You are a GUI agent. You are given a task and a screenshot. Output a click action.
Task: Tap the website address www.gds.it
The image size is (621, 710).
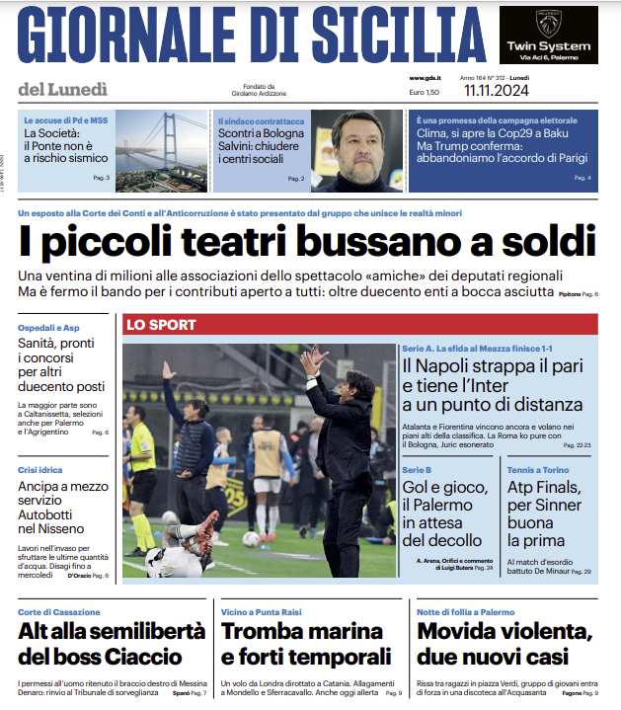(425, 78)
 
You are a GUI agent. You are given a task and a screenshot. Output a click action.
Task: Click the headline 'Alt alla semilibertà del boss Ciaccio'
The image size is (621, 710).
(100, 644)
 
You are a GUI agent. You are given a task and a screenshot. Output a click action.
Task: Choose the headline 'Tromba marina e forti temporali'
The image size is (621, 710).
(306, 644)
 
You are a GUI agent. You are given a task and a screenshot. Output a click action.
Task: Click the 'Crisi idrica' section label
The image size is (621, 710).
(40, 470)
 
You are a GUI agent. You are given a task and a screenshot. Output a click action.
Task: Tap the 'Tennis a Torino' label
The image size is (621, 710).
(540, 470)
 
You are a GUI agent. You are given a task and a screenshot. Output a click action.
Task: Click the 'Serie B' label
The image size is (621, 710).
(416, 470)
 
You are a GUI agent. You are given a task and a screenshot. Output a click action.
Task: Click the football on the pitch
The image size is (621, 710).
(250, 539)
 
